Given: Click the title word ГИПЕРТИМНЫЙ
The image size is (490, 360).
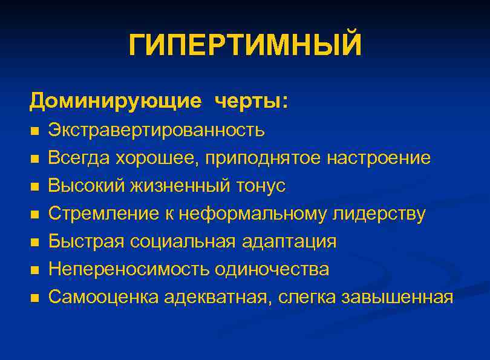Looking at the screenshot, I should (x=245, y=46).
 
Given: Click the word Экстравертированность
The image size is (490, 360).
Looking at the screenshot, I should (x=157, y=130).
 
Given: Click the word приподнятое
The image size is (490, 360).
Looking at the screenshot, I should (x=263, y=159).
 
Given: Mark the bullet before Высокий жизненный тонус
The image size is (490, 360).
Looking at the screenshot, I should (x=34, y=187).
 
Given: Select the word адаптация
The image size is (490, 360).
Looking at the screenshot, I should (x=289, y=241).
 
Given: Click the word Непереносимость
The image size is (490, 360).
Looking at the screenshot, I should (x=130, y=269).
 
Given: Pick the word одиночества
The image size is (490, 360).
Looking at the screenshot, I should (x=272, y=269).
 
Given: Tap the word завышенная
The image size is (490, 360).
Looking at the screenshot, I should (x=397, y=297).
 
